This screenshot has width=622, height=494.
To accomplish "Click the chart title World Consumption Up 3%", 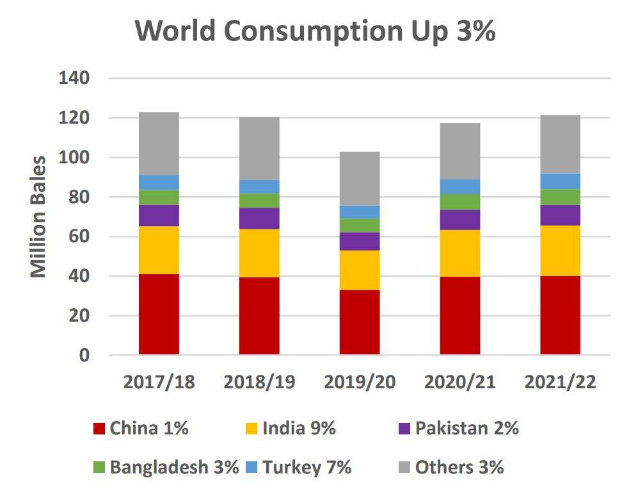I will (315, 31).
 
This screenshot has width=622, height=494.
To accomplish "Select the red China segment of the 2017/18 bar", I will (159, 314).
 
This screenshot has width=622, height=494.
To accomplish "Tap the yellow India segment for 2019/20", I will (360, 270).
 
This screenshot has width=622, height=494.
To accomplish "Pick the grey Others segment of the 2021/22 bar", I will (560, 144).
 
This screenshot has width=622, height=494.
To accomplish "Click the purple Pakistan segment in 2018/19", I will (259, 218).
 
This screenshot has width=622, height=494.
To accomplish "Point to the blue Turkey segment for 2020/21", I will (460, 186).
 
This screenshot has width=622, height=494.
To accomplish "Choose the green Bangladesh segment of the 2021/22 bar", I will (560, 197).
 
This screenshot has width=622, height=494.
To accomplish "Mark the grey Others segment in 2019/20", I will (360, 178).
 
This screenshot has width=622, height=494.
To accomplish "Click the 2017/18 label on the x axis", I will (159, 383).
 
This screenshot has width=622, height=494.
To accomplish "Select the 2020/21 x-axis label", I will (460, 383).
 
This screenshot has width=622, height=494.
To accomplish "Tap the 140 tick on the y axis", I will (74, 78).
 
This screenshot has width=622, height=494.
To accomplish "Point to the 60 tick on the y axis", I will (81, 236).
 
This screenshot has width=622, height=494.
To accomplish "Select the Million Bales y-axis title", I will (39, 217).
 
